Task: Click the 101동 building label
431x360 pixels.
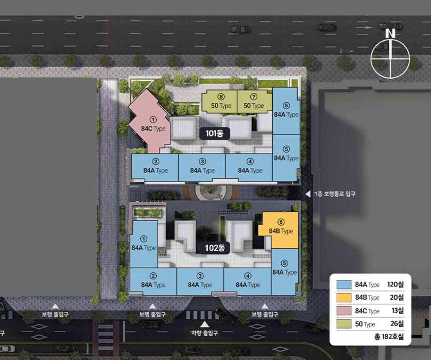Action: tap(214, 134)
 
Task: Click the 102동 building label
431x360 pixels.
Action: tap(215, 248)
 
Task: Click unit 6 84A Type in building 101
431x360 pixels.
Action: tap(286, 111)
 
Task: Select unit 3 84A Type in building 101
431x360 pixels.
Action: tap(202, 167)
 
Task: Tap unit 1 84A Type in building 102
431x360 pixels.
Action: tap(144, 244)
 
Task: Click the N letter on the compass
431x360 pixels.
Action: tap(390, 34)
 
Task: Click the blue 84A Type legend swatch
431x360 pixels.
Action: tap(344, 284)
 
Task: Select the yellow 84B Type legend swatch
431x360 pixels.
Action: tap(344, 297)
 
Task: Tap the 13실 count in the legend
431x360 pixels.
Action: tap(398, 311)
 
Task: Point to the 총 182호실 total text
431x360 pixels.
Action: tap(389, 336)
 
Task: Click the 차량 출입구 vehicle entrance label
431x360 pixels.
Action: tap(205, 333)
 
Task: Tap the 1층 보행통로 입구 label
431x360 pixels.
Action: tap(335, 194)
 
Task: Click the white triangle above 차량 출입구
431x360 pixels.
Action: tap(205, 325)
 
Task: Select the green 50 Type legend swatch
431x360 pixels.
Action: tap(344, 324)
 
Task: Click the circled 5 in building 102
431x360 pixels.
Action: tap(284, 263)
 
